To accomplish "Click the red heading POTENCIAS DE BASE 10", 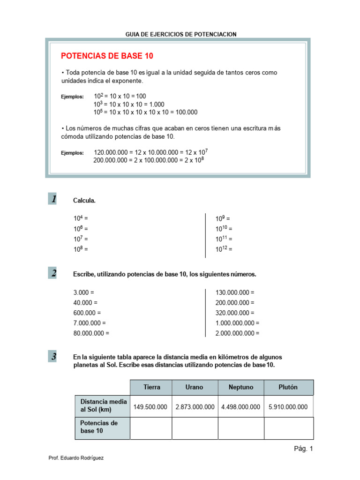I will pyautogui.click(x=107, y=56).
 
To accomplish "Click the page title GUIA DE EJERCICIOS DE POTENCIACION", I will pyautogui.click(x=181, y=34).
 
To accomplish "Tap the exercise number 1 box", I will pyautogui.click(x=53, y=199).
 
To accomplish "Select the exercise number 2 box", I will pyautogui.click(x=53, y=273).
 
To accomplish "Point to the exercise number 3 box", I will pyautogui.click(x=53, y=357).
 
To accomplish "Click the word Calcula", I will pyautogui.click(x=84, y=201).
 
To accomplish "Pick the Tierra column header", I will pyautogui.click(x=151, y=387).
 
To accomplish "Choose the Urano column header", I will pyautogui.click(x=195, y=387).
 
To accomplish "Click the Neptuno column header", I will pyautogui.click(x=241, y=387).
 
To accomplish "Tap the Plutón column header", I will pyautogui.click(x=288, y=387).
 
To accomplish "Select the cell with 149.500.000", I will pyautogui.click(x=150, y=407).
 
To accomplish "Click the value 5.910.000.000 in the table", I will pyautogui.click(x=288, y=407).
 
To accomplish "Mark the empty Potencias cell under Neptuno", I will pyautogui.click(x=241, y=427).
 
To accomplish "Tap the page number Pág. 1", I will pyautogui.click(x=303, y=449).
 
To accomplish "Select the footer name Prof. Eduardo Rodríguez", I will pyautogui.click(x=76, y=458).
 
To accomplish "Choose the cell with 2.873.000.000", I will pyautogui.click(x=195, y=407).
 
